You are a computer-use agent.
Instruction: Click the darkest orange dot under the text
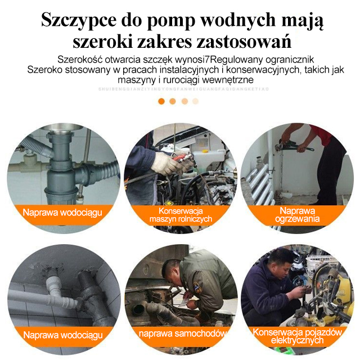click(x=161, y=101)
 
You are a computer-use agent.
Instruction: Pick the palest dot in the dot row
click(x=195, y=101)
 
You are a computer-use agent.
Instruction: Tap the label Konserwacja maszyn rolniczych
click(x=180, y=214)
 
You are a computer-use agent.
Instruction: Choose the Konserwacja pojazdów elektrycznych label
click(x=297, y=336)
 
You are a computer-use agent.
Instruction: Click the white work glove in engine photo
click(x=165, y=163)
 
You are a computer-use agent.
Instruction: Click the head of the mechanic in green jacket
click(x=171, y=268)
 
